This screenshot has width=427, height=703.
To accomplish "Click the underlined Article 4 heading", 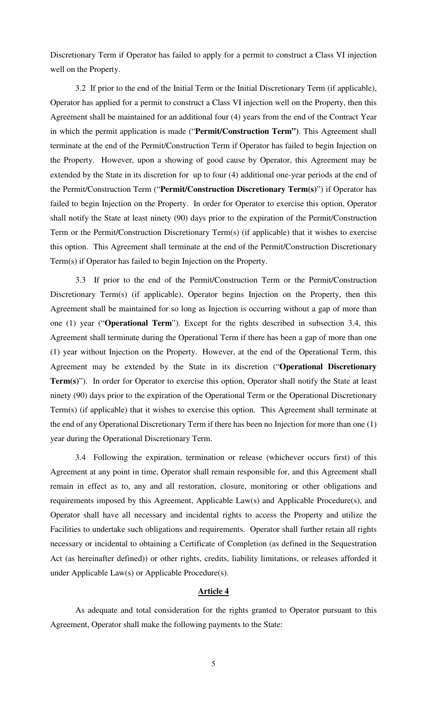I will pos(213,591).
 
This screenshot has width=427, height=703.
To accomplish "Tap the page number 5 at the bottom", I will pos(213,664).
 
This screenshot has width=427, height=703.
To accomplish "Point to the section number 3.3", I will pos(80,280).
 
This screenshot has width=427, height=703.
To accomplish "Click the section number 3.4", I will pos(80,457).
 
